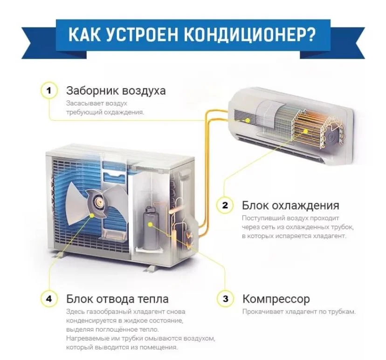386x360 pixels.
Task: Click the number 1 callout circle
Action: tap(49, 90)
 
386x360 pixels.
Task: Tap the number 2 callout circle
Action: tap(225, 205)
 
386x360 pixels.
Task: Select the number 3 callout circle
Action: tap(225, 299)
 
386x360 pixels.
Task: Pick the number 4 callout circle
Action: tap(49, 299)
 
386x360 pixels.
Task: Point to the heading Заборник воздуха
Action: tap(116, 90)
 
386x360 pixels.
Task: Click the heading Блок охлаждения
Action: tap(290, 205)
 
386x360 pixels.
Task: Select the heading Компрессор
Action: tap(276, 299)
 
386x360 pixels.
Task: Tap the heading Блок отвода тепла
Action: tap(117, 299)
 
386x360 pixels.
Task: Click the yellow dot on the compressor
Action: tap(151, 224)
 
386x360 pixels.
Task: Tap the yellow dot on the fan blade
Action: tap(92, 216)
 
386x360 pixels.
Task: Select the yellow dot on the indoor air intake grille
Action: tap(248, 120)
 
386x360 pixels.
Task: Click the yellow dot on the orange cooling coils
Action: tap(305, 131)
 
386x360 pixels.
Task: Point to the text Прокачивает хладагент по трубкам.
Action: tap(299, 312)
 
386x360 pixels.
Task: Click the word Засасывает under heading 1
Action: tap(84, 103)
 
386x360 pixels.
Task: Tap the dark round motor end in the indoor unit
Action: tap(332, 137)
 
